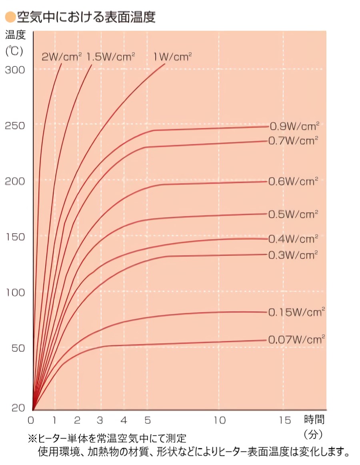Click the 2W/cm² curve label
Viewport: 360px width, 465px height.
(x=62, y=57)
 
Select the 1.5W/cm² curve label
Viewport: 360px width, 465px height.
(x=111, y=56)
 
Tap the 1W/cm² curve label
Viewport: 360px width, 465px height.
(x=173, y=57)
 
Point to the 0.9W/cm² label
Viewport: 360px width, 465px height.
(x=294, y=126)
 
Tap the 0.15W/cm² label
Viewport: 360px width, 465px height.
(x=296, y=312)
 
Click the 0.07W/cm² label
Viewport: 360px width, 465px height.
(x=296, y=340)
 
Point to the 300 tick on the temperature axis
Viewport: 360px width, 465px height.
(x=15, y=70)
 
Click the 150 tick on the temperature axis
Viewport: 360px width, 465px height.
(x=15, y=237)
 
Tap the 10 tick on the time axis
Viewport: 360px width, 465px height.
(x=219, y=420)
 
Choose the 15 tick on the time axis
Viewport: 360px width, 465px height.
(x=284, y=420)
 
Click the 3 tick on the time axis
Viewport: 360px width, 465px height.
(x=100, y=420)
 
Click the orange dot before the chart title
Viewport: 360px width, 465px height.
(x=10, y=17)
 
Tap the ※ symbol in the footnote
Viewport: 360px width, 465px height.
(x=32, y=439)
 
